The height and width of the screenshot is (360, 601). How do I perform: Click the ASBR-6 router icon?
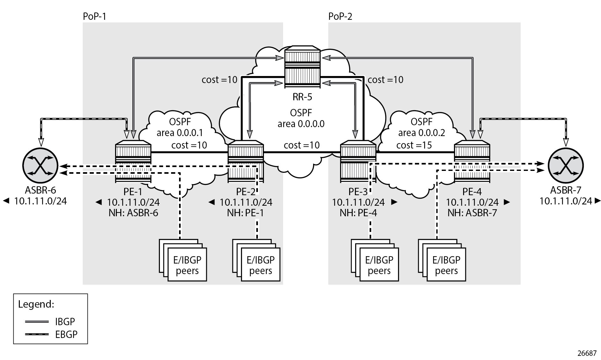pyautogui.click(x=40, y=166)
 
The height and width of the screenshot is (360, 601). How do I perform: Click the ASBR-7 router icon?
pyautogui.click(x=566, y=166)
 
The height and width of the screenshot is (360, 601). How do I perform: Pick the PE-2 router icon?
pyautogui.click(x=246, y=162)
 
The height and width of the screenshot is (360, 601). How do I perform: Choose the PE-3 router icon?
pyautogui.click(x=358, y=162)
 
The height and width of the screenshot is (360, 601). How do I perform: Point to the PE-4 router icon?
pyautogui.click(x=472, y=162)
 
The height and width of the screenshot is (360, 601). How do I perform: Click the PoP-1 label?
pyautogui.click(x=94, y=16)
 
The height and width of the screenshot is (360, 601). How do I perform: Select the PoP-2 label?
pyautogui.click(x=340, y=16)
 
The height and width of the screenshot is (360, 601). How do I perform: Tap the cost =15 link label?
pyautogui.click(x=414, y=145)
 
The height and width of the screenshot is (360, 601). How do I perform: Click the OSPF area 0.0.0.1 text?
pyautogui.click(x=180, y=127)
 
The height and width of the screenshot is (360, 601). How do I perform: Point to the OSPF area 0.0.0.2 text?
pyautogui.click(x=422, y=127)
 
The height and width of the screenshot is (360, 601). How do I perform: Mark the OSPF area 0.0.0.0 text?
pyautogui.click(x=301, y=118)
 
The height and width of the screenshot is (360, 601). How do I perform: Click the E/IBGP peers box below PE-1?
pyautogui.click(x=187, y=265)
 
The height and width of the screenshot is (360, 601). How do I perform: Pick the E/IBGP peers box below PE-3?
pyautogui.click(x=379, y=265)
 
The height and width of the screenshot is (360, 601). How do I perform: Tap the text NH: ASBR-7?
pyautogui.click(x=472, y=213)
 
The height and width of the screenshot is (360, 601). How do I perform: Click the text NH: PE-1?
pyautogui.click(x=245, y=213)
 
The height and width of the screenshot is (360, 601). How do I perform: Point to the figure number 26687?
pyautogui.click(x=587, y=353)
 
